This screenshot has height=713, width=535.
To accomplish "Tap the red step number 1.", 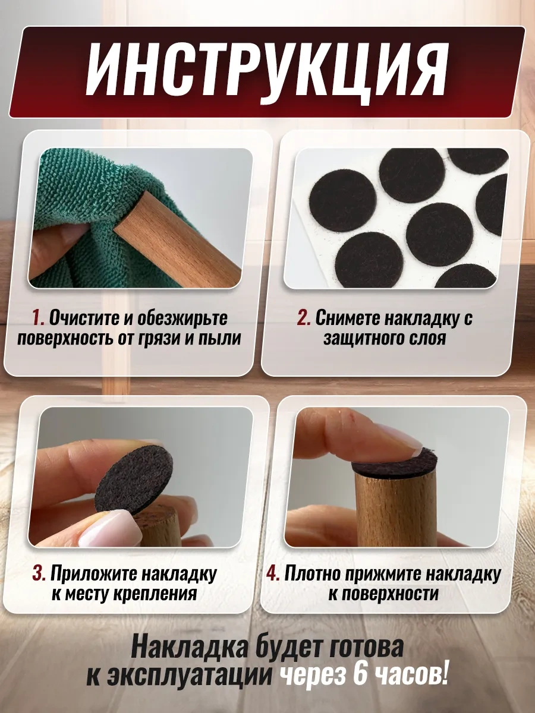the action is [x=38, y=318].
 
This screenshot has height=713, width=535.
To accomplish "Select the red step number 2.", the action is [x=304, y=318].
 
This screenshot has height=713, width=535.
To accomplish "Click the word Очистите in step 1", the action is [x=84, y=318].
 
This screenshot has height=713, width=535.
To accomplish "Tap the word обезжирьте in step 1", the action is [x=182, y=319].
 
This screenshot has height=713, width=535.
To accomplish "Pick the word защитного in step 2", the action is [x=361, y=339].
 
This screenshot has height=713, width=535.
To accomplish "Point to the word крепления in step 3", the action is [x=155, y=595].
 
